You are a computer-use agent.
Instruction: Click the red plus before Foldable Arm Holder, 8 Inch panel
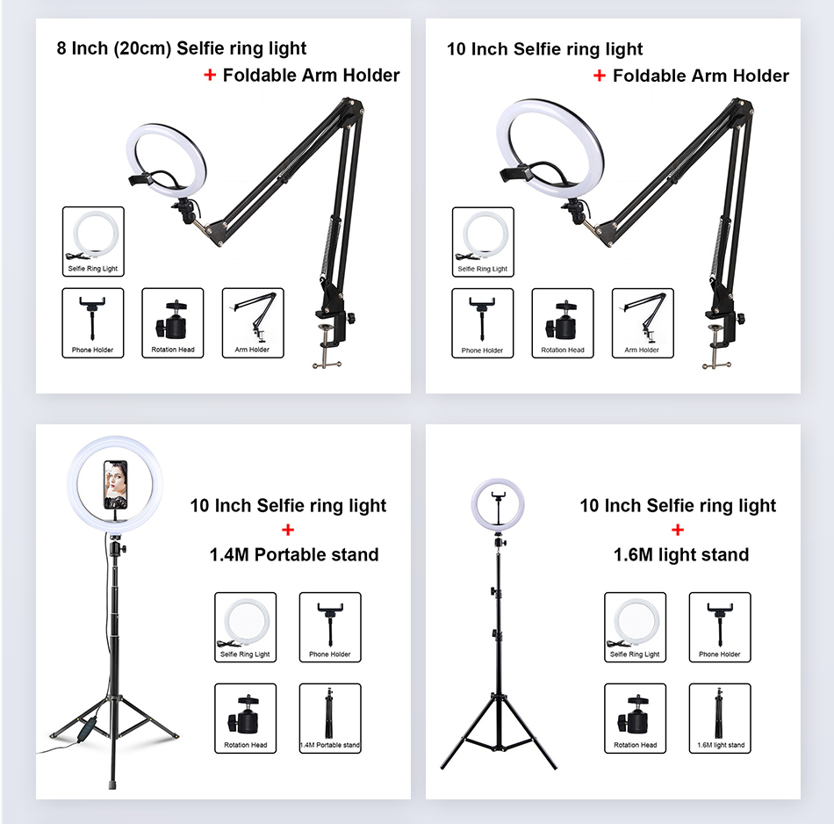[x=209, y=76]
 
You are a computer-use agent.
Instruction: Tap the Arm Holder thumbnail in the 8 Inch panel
[x=253, y=322]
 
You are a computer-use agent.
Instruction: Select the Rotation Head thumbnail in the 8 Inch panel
[x=172, y=322]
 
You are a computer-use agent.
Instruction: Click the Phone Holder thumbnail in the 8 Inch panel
[x=93, y=322]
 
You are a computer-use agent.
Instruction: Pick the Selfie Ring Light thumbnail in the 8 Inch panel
[x=93, y=242]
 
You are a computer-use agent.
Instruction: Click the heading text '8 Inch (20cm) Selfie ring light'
[x=182, y=48]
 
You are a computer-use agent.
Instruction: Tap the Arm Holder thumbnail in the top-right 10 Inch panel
[x=643, y=322]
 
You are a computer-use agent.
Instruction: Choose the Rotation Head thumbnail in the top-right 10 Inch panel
[x=563, y=322]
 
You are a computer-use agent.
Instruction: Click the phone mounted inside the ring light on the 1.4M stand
[x=115, y=483]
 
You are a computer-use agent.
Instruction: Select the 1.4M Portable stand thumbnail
[x=330, y=718]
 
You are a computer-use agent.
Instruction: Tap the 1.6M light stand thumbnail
[x=720, y=718]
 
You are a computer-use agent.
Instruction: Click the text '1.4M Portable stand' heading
[x=294, y=554]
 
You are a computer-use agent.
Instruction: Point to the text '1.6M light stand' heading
[x=680, y=554]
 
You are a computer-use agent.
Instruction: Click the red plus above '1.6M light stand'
[x=678, y=530]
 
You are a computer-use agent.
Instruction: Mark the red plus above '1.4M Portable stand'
[x=288, y=530]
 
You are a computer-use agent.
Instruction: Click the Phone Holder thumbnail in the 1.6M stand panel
[x=720, y=626]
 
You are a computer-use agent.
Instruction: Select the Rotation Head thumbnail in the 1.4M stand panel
[x=245, y=718]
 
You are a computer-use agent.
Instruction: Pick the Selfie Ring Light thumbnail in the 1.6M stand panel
[x=635, y=626]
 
